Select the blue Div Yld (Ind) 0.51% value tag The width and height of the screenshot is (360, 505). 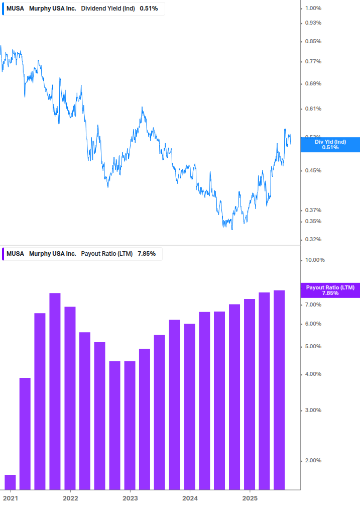point(330,145)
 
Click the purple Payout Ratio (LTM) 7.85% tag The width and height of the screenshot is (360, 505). point(330,290)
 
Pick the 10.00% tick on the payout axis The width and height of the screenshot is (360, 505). point(315,260)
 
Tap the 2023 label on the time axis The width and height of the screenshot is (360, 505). point(130,498)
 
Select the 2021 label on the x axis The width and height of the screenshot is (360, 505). point(11,498)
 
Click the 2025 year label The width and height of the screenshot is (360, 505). point(250,498)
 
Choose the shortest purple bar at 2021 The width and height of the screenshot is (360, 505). point(10,482)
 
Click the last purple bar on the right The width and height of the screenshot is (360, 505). point(279,389)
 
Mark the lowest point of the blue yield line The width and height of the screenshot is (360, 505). point(232,229)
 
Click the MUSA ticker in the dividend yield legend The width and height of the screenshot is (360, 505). point(15,9)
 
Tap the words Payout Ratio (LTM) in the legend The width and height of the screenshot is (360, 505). point(106,254)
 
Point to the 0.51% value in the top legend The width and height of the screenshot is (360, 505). point(149,9)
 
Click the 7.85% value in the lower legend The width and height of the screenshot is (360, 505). point(147,254)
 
